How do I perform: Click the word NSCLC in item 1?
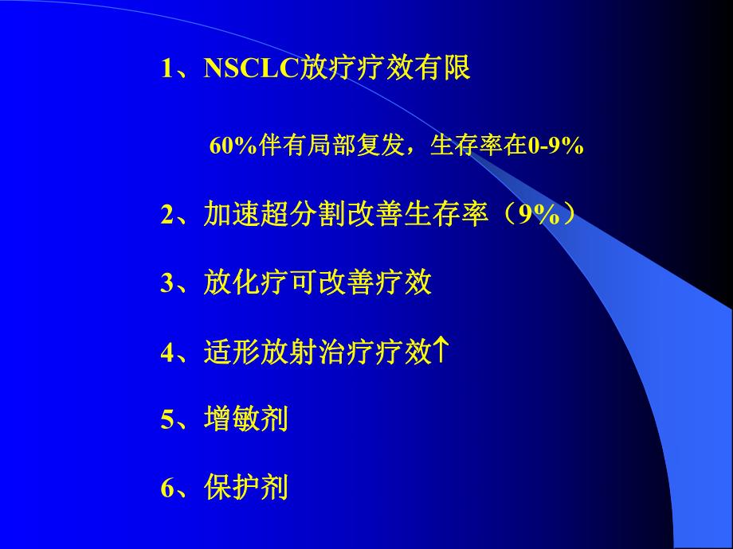251,68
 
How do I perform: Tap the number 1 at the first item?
167,68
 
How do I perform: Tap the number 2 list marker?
167,216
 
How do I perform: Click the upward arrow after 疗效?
441,350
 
